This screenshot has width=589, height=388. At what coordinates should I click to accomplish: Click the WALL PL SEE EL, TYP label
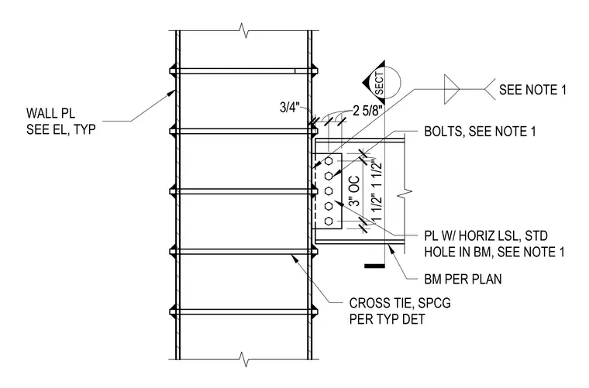pyautogui.click(x=61, y=122)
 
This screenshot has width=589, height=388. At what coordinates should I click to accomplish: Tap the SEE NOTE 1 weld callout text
pyautogui.click(x=532, y=90)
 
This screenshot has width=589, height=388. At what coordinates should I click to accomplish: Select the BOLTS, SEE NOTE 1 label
pyautogui.click(x=480, y=132)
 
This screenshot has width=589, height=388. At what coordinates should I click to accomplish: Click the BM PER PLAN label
pyautogui.click(x=463, y=280)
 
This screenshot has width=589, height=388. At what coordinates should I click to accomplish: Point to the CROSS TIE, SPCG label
pyautogui.click(x=400, y=303)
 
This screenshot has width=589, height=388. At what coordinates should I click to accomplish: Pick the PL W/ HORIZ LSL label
pyautogui.click(x=486, y=236)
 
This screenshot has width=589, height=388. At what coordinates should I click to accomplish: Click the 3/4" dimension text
pyautogui.click(x=290, y=108)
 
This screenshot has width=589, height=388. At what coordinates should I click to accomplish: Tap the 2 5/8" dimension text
pyautogui.click(x=368, y=111)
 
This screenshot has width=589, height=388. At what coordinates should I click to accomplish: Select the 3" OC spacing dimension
pyautogui.click(x=354, y=191)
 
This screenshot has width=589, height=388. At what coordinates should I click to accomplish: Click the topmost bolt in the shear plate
pyautogui.click(x=329, y=161)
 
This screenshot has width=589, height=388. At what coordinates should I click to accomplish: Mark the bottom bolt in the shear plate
pyautogui.click(x=329, y=221)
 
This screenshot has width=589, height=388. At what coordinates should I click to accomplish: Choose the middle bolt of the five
pyautogui.click(x=329, y=191)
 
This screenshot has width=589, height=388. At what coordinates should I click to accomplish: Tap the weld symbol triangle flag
pyautogui.click(x=451, y=89)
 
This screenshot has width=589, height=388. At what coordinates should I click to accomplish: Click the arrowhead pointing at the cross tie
pyautogui.click(x=294, y=257)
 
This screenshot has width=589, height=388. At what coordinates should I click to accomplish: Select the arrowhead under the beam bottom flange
pyautogui.click(x=391, y=249)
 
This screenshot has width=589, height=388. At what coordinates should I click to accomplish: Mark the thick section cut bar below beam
pyautogui.click(x=374, y=266)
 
